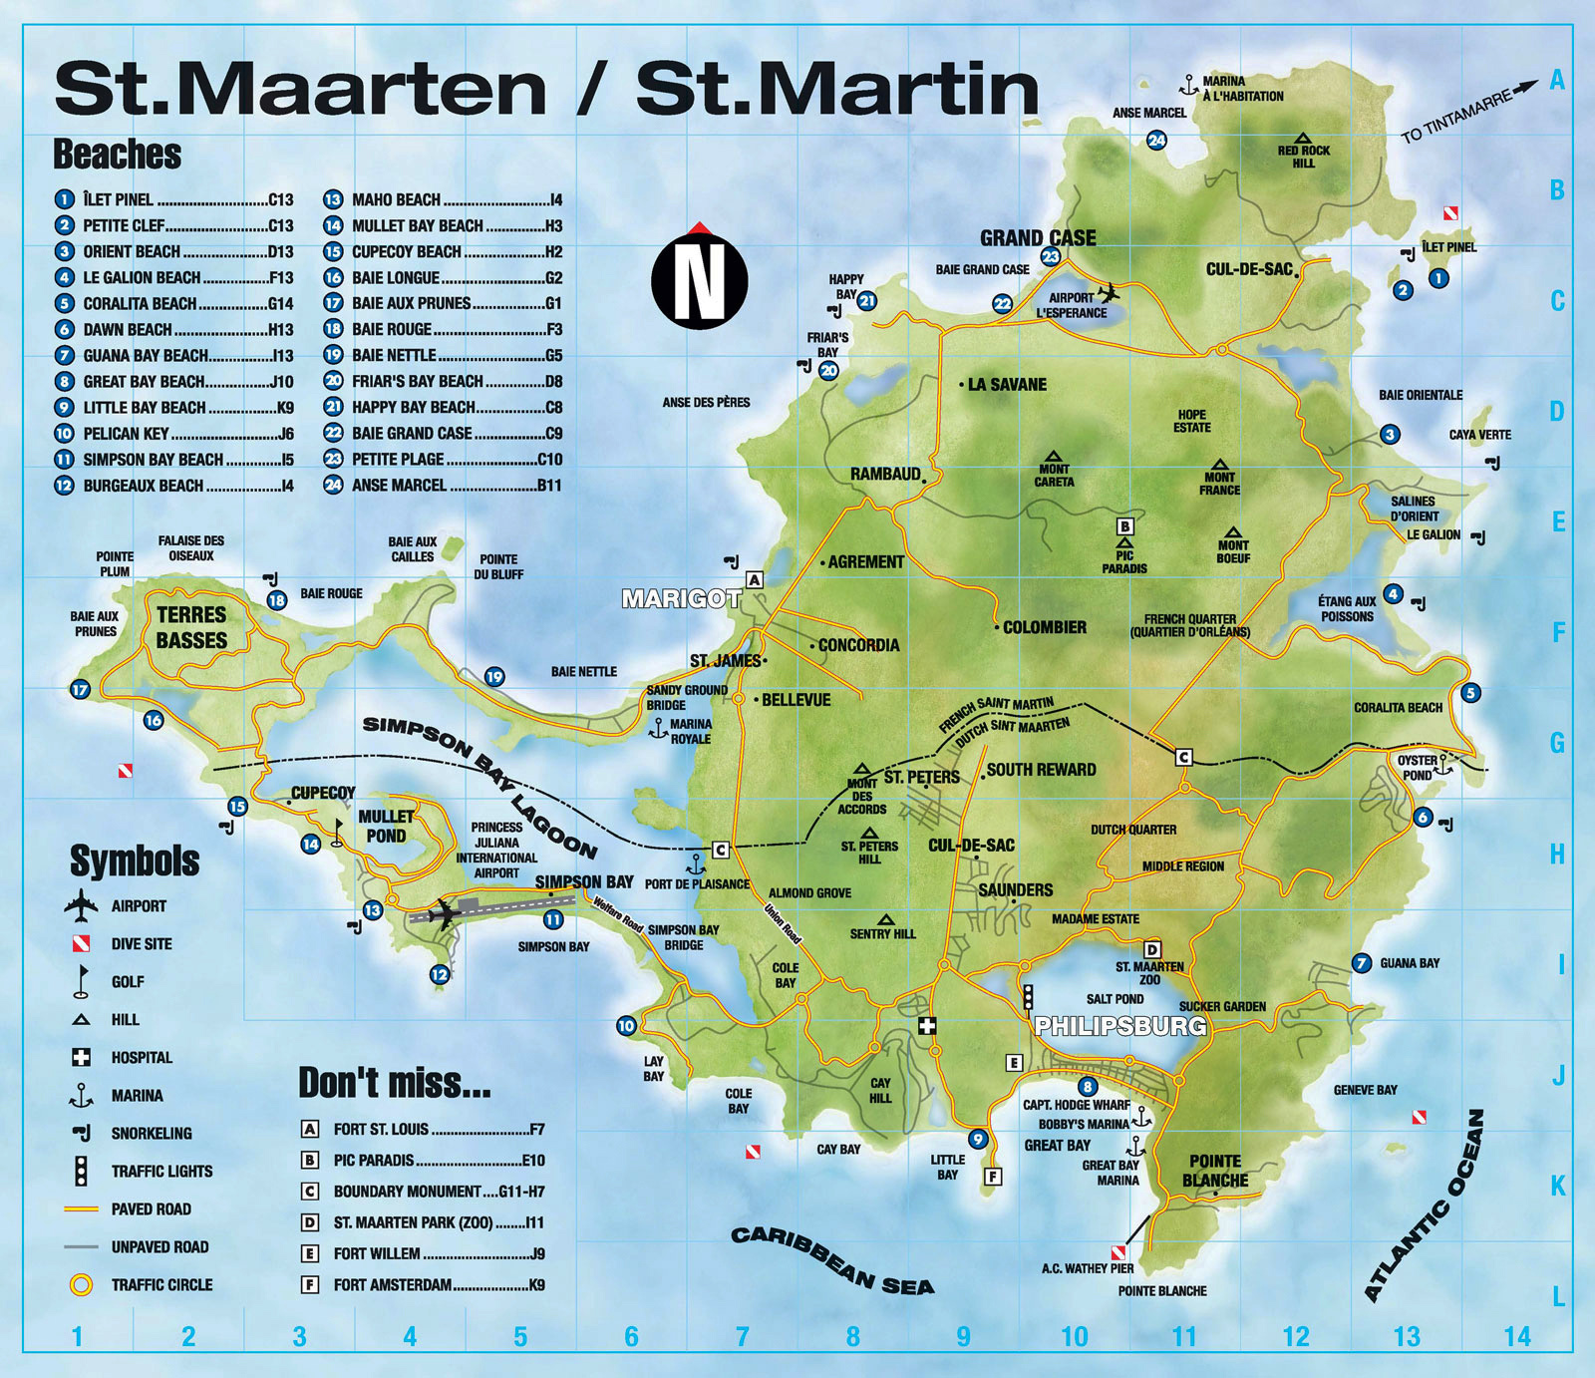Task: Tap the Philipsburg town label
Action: pos(1120,1026)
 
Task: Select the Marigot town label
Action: pos(681,599)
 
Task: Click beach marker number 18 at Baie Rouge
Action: pos(277,600)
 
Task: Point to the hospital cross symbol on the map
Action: pos(928,1026)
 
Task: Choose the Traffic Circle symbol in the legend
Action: pos(82,1285)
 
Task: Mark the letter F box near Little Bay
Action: pos(992,1177)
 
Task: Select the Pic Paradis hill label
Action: pos(1124,561)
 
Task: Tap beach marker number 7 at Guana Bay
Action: pos(1362,963)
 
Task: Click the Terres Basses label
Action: pos(191,627)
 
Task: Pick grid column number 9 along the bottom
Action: pos(963,1337)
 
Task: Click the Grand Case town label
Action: pos(1038,238)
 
